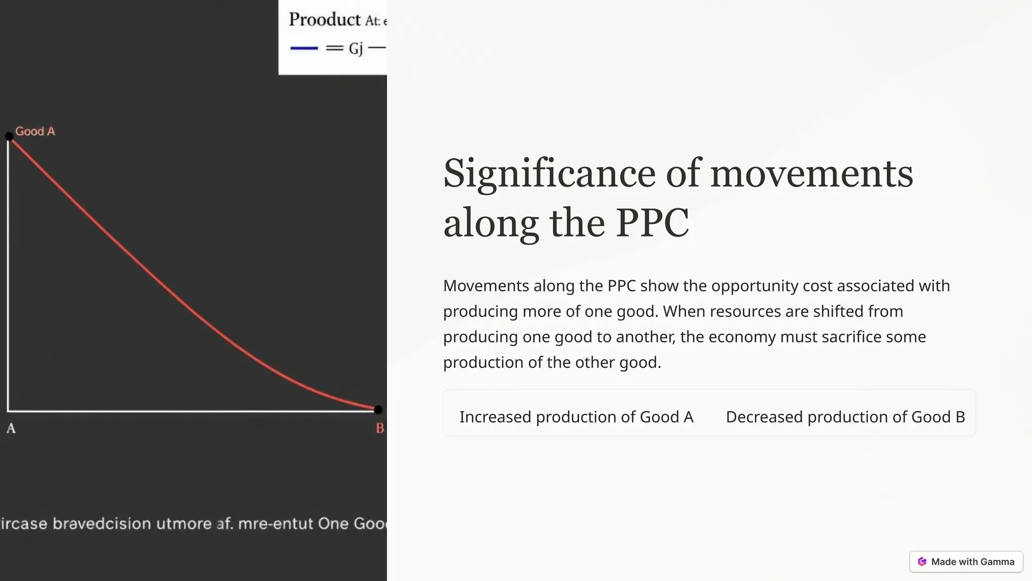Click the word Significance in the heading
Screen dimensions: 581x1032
549,174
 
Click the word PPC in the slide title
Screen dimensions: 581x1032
652,223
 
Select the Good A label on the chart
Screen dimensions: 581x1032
35,132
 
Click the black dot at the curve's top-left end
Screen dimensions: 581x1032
9,136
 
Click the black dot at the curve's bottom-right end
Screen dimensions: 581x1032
378,410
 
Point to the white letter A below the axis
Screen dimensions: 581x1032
11,429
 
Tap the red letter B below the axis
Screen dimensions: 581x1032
379,429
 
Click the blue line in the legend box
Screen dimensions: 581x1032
304,48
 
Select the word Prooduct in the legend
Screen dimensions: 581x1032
325,20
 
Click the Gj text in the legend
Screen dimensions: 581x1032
356,48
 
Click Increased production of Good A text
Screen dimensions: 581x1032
576,417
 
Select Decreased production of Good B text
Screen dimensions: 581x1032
845,417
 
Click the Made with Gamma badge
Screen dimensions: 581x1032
966,562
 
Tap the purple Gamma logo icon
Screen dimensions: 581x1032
922,562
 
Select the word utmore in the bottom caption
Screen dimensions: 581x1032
184,524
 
